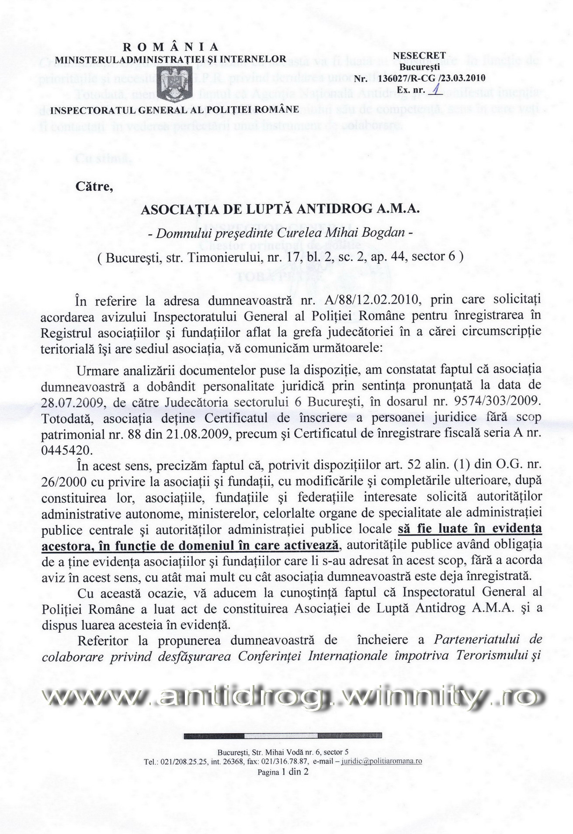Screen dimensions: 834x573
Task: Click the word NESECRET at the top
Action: [x=419, y=55]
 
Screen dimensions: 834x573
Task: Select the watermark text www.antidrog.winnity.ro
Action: [x=290, y=698]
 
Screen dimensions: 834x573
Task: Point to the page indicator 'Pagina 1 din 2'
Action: [x=283, y=772]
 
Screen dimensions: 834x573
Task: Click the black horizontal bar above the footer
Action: [x=283, y=736]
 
